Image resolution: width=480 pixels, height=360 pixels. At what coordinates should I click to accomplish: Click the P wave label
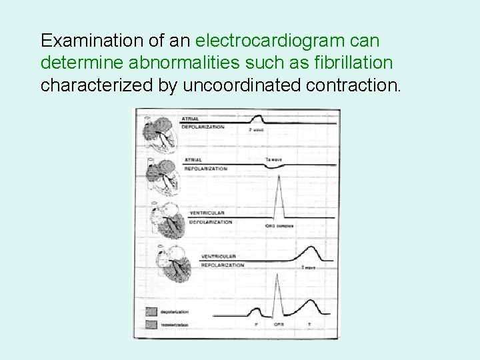pyautogui.click(x=257, y=130)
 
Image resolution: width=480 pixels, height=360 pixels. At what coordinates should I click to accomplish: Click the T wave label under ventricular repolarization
pyautogui.click(x=308, y=267)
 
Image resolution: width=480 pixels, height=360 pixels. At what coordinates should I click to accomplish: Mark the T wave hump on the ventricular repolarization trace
pyautogui.click(x=311, y=250)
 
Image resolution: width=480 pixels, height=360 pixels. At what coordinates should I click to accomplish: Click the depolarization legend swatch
pyautogui.click(x=153, y=311)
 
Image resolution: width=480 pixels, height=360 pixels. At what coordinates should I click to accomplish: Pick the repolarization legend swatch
pyautogui.click(x=153, y=324)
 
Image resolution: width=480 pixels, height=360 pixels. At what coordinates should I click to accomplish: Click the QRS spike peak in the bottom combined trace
pyautogui.click(x=275, y=281)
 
